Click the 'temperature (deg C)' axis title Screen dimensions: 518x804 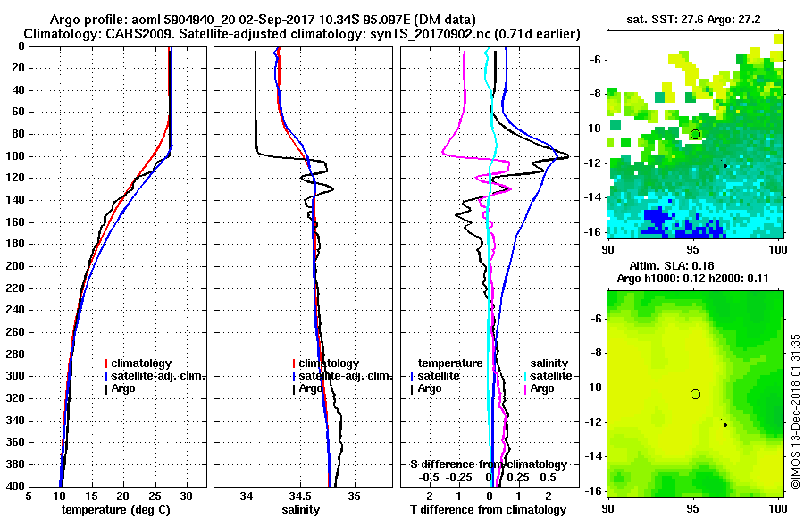coord(115,509)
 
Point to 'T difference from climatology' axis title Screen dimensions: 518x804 coord(489,509)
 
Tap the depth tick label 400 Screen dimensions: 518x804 coord(15,487)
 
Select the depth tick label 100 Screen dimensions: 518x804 coord(15,156)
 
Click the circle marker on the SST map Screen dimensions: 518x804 coord(695,134)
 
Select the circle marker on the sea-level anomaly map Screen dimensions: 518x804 coord(695,394)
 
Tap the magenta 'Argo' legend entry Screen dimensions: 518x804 coord(542,388)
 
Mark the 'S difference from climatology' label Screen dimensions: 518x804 coord(489,464)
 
